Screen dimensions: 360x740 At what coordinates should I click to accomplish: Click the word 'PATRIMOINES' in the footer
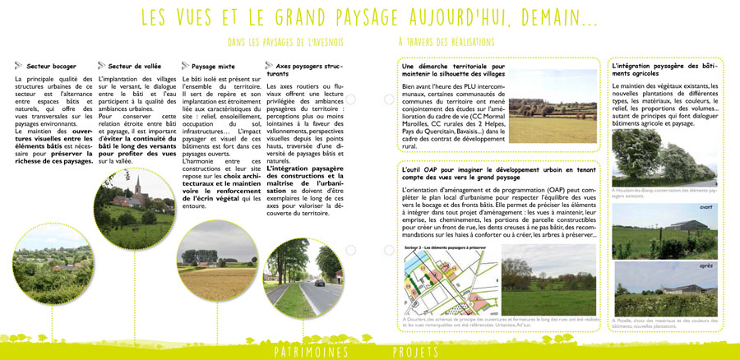coord(311,352)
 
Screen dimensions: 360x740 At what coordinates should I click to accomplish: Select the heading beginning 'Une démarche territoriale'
coord(453,68)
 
